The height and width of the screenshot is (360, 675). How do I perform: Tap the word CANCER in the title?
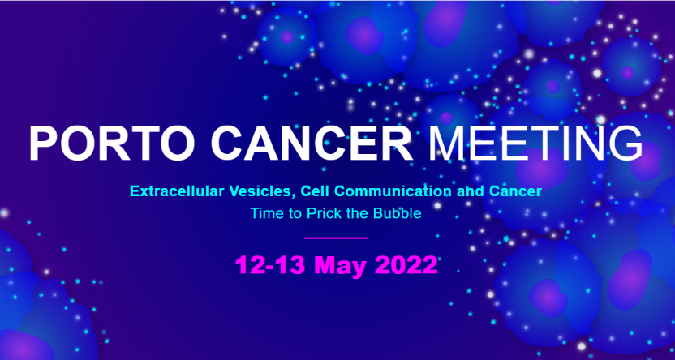pos(312,144)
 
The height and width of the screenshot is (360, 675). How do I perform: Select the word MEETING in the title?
pos(535,144)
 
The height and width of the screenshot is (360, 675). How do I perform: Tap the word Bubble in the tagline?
pos(398,213)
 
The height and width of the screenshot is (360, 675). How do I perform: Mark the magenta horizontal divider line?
pos(336,238)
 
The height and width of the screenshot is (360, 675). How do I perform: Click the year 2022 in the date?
pos(406,265)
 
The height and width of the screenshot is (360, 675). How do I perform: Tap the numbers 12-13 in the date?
pos(270,265)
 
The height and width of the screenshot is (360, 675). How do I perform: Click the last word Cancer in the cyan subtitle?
pos(515,191)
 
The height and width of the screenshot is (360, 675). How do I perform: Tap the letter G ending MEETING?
pos(627,144)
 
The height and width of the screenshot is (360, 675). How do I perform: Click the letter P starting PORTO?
pos(44,144)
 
